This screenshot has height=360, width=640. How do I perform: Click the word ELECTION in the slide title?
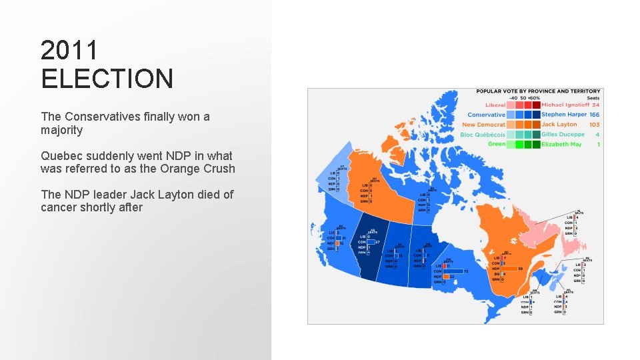pyautogui.click(x=107, y=78)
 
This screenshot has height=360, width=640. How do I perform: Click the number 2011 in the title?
pyautogui.click(x=69, y=50)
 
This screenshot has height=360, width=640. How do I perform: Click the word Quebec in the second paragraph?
pyautogui.click(x=61, y=156)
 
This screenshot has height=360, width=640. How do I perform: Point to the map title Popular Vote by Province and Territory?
pyautogui.click(x=538, y=91)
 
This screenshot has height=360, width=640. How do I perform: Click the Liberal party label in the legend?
pyautogui.click(x=495, y=105)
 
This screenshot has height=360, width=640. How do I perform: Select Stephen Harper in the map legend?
pyautogui.click(x=564, y=115)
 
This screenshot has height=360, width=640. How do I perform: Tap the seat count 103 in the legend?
pyautogui.click(x=594, y=125)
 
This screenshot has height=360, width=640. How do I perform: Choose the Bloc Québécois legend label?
pyautogui.click(x=483, y=135)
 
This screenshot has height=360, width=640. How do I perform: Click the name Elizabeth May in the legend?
pyautogui.click(x=561, y=145)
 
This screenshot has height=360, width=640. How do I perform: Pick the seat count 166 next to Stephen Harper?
pyautogui.click(x=594, y=115)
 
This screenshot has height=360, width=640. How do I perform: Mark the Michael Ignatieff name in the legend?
pyautogui.click(x=565, y=105)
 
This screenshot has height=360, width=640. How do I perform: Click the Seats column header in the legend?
pyautogui.click(x=593, y=98)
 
